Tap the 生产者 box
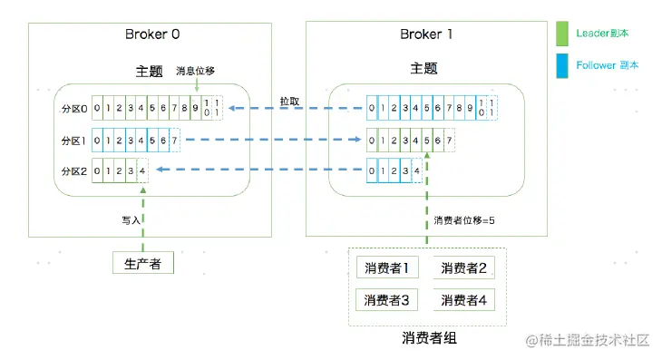pos(142,264)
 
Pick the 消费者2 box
pos(463,268)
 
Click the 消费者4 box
pos(463,299)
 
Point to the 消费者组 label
pos(427,338)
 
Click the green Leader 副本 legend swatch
pos(561,34)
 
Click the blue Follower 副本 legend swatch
pos(561,66)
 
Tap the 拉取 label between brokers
pos(289,100)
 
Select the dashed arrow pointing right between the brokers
pos(272,141)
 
